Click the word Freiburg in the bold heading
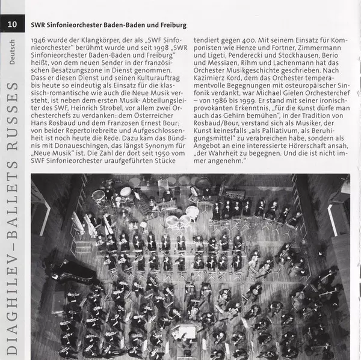pos(168,26)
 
